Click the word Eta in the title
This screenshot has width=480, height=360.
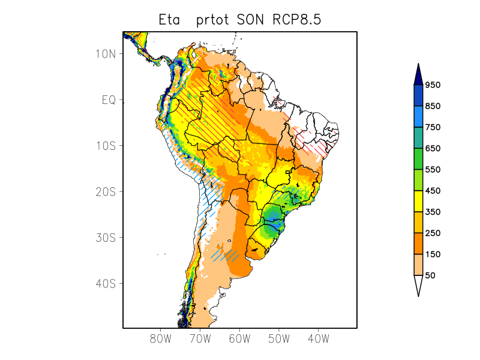(x=171, y=19)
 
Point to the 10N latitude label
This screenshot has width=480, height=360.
(x=106, y=53)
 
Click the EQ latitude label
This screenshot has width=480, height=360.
(x=108, y=100)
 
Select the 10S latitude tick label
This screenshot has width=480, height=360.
(x=106, y=146)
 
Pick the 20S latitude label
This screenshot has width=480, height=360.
(x=106, y=191)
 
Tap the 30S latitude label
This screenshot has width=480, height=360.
(x=106, y=238)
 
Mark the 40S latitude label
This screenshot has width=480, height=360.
(x=106, y=283)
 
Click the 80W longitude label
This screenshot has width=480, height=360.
(x=161, y=339)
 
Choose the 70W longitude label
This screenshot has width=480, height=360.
(x=200, y=339)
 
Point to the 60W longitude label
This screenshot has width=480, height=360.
(x=239, y=339)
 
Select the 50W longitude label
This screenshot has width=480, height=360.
(x=278, y=339)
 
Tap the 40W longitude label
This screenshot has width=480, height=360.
(x=318, y=339)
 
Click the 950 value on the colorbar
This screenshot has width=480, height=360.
(x=433, y=85)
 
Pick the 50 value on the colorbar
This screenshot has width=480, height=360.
(x=430, y=275)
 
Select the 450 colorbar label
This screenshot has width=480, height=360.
(x=433, y=191)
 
